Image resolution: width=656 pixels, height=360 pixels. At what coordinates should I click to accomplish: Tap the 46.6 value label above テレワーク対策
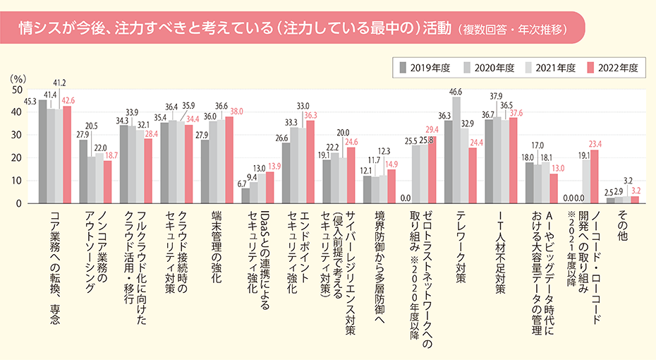[x=455, y=92]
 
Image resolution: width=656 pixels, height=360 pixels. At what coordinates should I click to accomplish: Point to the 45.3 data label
[x=30, y=102]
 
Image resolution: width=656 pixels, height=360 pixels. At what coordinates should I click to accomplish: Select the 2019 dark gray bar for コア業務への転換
[x=42, y=152]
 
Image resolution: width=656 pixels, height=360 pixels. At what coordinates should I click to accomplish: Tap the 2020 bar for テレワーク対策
[x=456, y=150]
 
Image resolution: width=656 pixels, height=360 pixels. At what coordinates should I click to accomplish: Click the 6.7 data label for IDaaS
[x=242, y=184]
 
